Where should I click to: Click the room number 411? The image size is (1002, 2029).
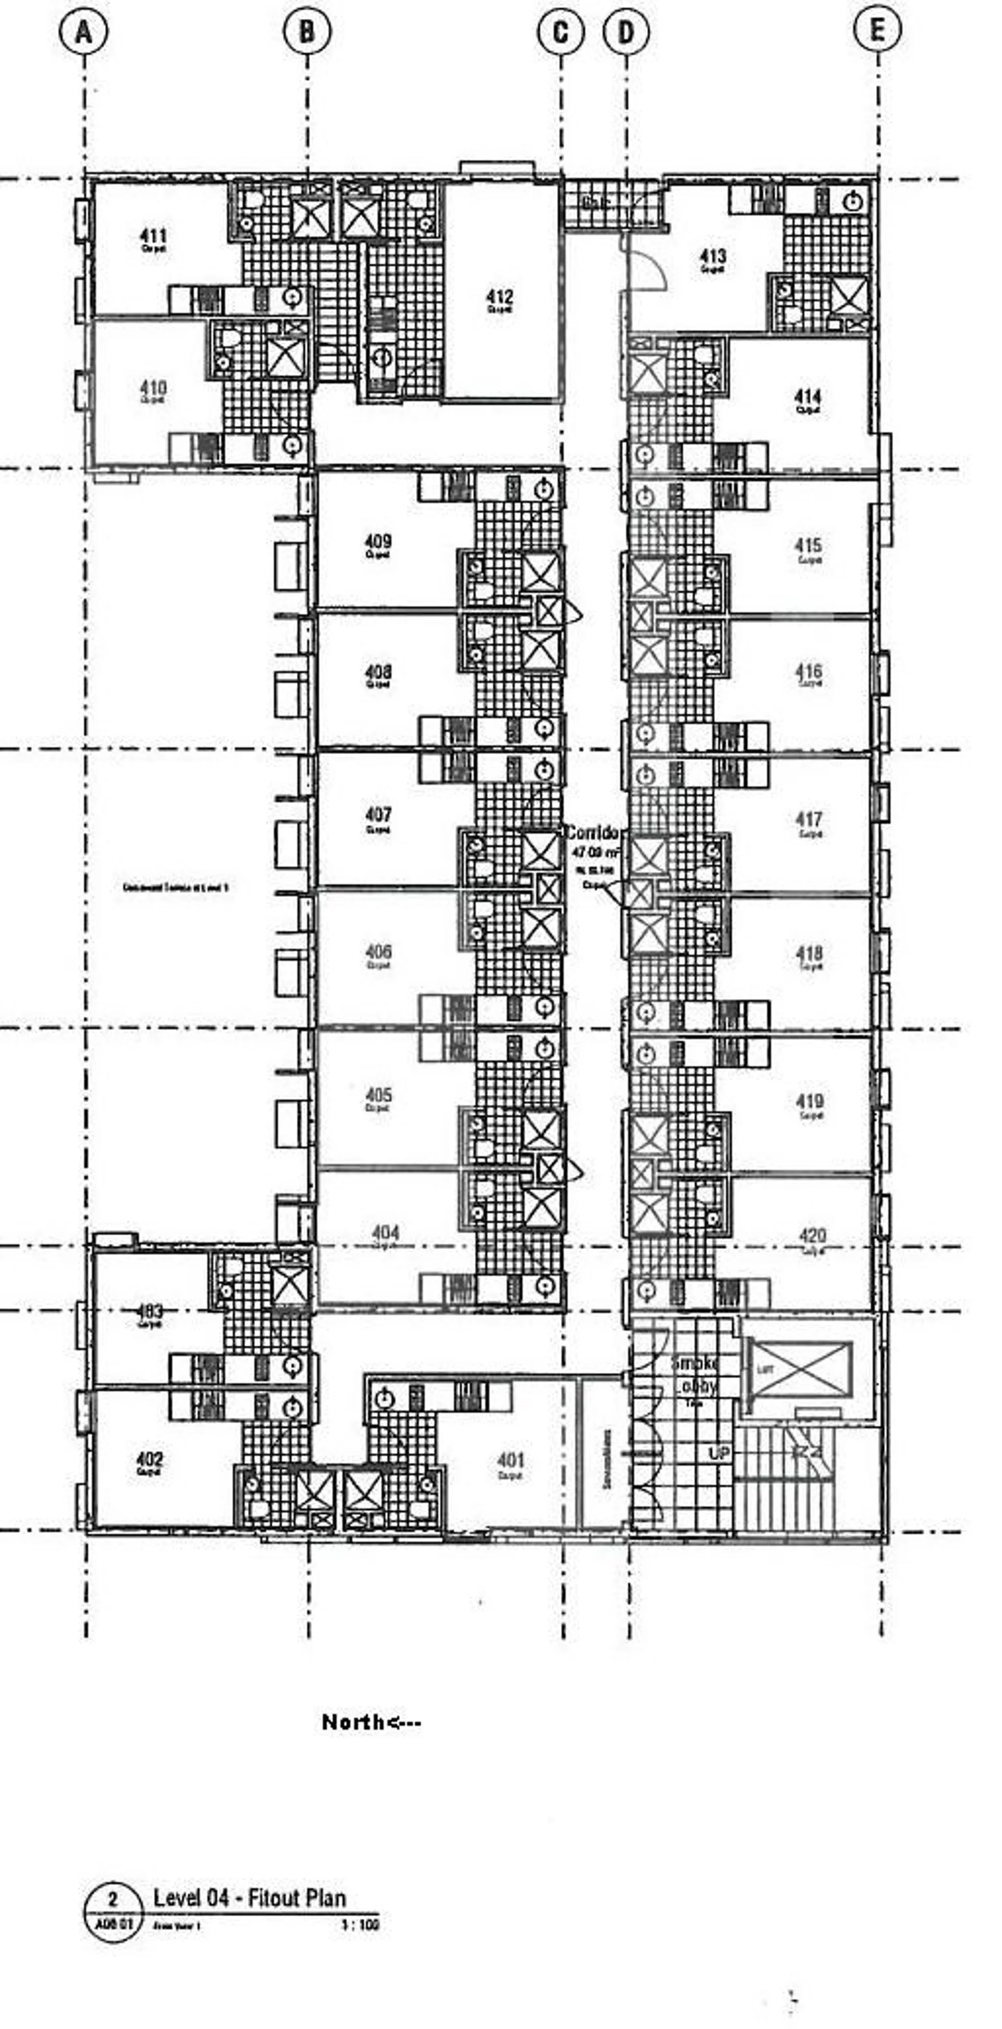(x=153, y=235)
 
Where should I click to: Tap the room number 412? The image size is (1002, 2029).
(x=499, y=297)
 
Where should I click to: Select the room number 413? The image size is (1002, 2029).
(x=712, y=256)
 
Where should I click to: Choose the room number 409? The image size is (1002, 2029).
(x=378, y=542)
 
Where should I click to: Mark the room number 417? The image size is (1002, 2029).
(x=809, y=820)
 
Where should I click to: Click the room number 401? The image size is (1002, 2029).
(x=510, y=1461)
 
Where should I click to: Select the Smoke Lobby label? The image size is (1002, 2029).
(x=694, y=1375)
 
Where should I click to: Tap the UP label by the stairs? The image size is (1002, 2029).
(x=719, y=1454)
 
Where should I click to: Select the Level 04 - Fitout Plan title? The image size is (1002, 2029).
(x=249, y=1897)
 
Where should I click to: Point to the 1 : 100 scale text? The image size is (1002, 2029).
(x=359, y=1926)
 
